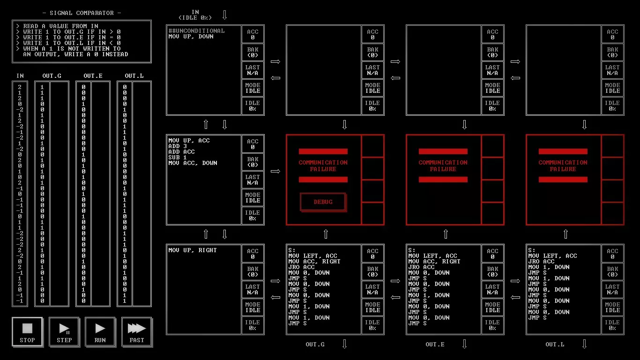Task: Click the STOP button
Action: (27, 332)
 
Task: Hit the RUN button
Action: (100, 332)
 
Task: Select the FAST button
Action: (137, 332)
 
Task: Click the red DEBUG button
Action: (323, 202)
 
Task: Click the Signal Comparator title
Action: (82, 13)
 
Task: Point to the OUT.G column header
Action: (52, 76)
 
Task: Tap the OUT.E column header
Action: (93, 76)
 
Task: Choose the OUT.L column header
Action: (134, 76)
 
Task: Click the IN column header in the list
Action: (20, 76)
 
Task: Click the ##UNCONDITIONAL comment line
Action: (196, 31)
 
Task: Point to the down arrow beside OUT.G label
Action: (344, 345)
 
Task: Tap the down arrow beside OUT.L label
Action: (584, 345)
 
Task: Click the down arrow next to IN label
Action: (224, 15)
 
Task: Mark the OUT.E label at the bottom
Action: (435, 345)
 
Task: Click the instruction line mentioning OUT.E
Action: (71, 37)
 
